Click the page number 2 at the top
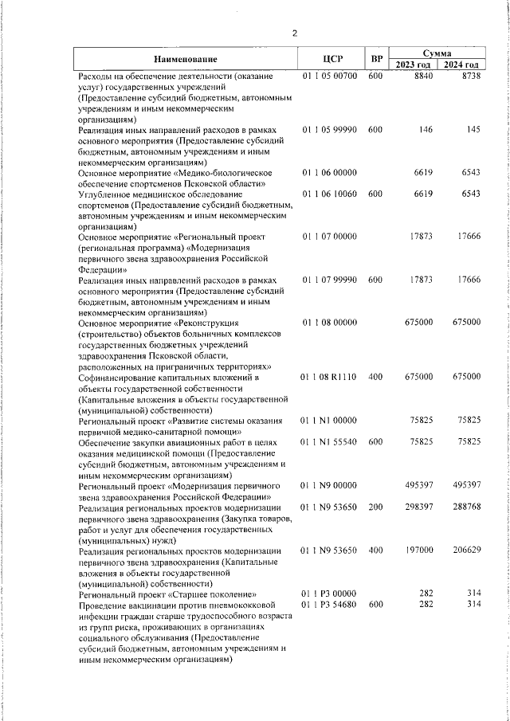(294, 33)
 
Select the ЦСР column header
(332, 59)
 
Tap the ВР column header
(376, 59)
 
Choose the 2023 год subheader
(414, 65)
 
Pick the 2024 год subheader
(461, 65)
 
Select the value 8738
(471, 76)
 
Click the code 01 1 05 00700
(329, 76)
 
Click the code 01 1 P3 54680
(329, 605)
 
